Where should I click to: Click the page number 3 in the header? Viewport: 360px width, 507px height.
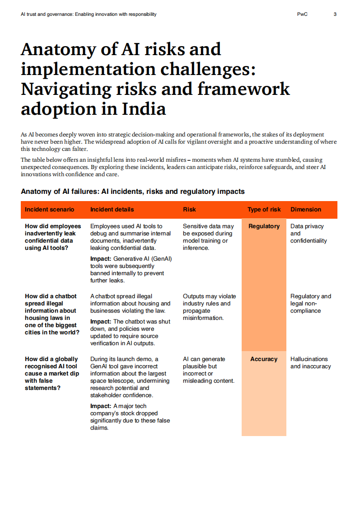(x=335, y=14)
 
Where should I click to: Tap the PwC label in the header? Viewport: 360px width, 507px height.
(x=302, y=14)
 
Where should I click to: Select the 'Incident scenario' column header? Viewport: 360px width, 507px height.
(x=49, y=209)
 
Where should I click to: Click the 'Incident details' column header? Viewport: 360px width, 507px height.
(x=112, y=209)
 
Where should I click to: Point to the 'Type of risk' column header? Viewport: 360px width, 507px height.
(x=264, y=209)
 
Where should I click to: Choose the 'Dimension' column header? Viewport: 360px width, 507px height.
(x=306, y=209)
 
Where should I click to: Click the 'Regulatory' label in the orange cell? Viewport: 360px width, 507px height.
(x=264, y=226)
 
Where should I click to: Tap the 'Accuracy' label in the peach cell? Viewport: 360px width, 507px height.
(x=264, y=359)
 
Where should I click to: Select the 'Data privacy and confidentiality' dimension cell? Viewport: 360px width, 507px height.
(x=309, y=233)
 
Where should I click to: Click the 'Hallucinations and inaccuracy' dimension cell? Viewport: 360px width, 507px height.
(x=310, y=362)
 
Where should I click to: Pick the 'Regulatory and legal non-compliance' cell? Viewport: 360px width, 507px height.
(x=310, y=303)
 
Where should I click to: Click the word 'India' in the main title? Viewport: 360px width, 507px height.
(x=144, y=109)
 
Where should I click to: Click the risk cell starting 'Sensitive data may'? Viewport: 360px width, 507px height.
(x=208, y=237)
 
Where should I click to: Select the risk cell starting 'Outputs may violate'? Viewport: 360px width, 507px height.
(x=209, y=307)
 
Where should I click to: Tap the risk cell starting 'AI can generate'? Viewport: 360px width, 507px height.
(x=208, y=370)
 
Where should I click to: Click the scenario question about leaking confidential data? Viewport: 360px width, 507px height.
(x=53, y=237)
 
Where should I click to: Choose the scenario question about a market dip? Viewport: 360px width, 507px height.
(x=51, y=373)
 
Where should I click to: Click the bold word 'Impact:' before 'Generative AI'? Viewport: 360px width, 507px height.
(x=101, y=259)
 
